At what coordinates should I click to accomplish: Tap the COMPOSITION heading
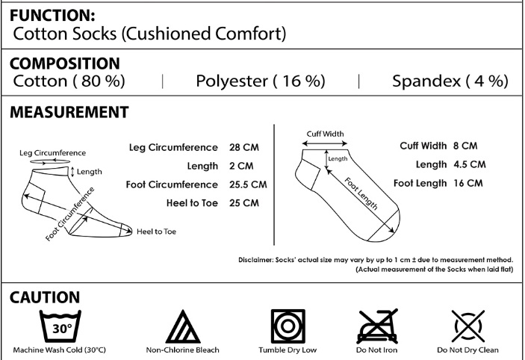coord(64,63)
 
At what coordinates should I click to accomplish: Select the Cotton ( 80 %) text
coord(69,81)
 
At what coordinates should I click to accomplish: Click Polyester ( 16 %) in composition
coord(260,81)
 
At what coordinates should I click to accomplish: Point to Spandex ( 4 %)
coord(450,81)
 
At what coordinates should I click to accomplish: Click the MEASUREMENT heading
coord(69,112)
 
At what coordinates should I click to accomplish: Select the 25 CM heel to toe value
coord(244,202)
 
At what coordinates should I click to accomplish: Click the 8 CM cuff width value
coord(465,146)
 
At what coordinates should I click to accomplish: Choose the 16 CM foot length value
coord(468,182)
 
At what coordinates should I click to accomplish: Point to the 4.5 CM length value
coord(470,164)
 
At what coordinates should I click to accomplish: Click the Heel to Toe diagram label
coord(156,232)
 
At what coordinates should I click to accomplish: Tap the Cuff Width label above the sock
coord(325,134)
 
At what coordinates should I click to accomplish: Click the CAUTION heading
coord(45,297)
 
